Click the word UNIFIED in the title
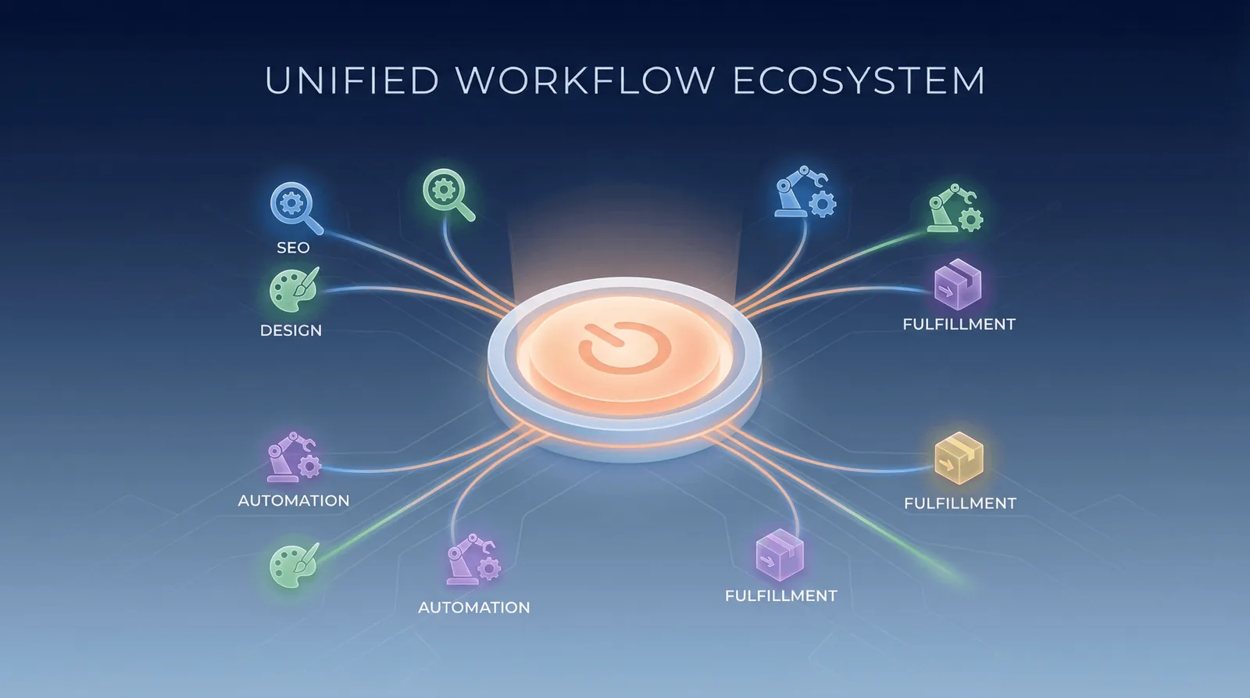352,81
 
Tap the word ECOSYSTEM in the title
859,81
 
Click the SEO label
293,247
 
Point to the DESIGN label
291,330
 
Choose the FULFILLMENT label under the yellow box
960,503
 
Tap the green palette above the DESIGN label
294,289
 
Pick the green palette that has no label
294,565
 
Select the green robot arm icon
955,208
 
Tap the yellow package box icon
959,458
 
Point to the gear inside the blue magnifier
291,202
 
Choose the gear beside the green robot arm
971,220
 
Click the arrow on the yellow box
946,463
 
